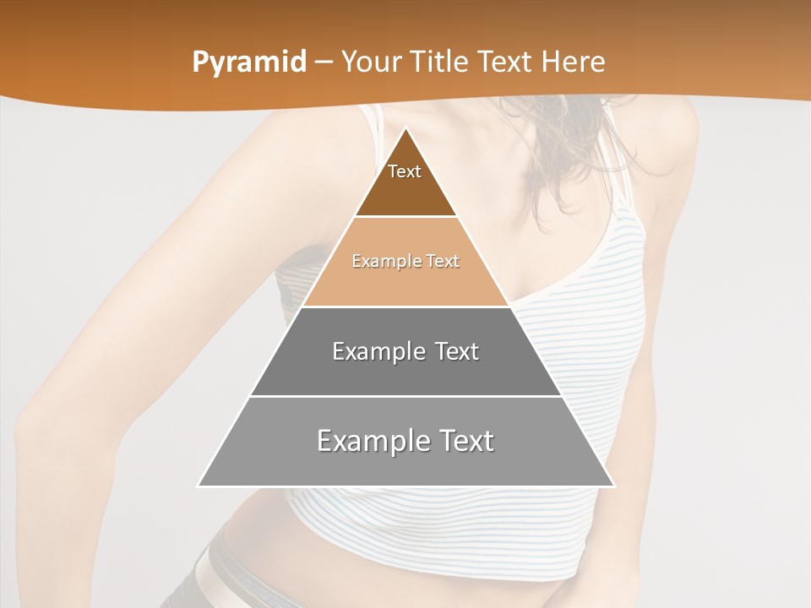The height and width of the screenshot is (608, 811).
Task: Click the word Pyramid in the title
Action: point(248,62)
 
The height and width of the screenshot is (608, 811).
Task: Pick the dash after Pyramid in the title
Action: point(324,62)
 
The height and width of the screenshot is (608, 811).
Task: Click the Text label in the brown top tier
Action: point(405,171)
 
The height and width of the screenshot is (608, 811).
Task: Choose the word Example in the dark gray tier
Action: point(378,351)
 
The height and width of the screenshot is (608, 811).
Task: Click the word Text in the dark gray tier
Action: point(458,351)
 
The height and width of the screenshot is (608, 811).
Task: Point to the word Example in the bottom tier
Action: point(368,441)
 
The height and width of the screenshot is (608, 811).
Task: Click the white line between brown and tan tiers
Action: point(405,217)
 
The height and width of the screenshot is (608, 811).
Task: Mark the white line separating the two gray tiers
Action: point(405,396)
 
